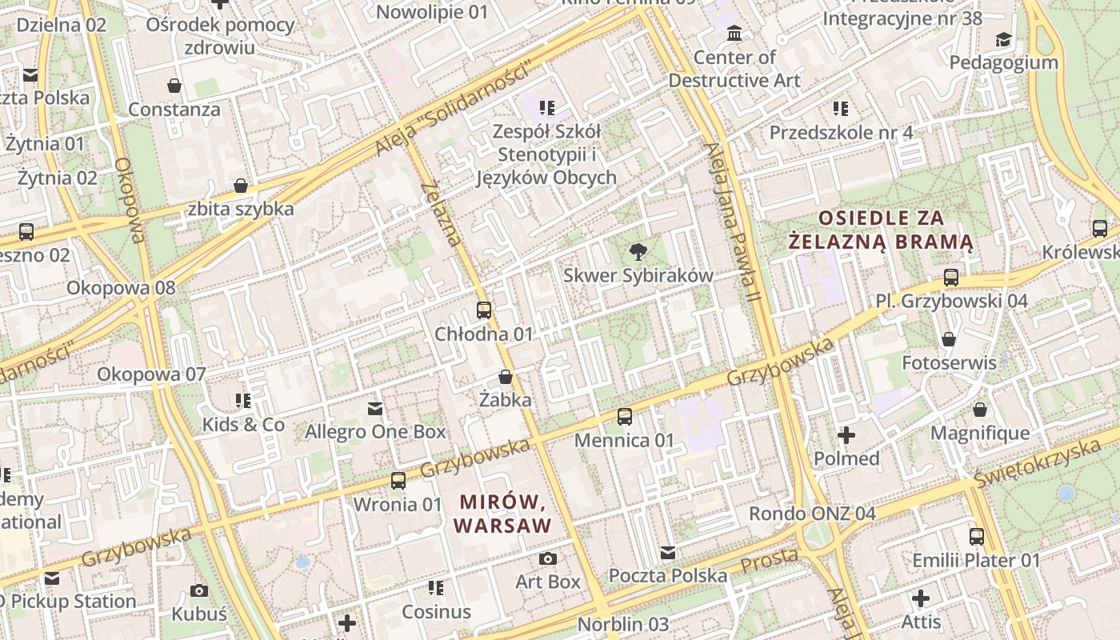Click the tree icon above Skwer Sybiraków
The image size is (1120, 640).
pyautogui.click(x=638, y=252)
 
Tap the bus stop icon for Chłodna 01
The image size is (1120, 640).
pyautogui.click(x=483, y=310)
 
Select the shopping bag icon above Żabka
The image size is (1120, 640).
pyautogui.click(x=505, y=376)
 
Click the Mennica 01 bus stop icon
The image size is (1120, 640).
pyautogui.click(x=625, y=416)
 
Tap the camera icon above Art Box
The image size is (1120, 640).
pyautogui.click(x=548, y=558)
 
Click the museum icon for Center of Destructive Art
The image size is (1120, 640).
pyautogui.click(x=734, y=34)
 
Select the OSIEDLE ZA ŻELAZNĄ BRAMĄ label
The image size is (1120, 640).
pyautogui.click(x=880, y=230)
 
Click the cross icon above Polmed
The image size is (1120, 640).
pyautogui.click(x=846, y=435)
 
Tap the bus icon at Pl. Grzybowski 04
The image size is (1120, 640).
pyautogui.click(x=950, y=278)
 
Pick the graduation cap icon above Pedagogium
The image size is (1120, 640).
pyautogui.click(x=1002, y=39)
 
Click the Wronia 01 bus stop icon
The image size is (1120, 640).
pyautogui.click(x=398, y=481)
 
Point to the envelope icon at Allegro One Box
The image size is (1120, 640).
pyautogui.click(x=374, y=409)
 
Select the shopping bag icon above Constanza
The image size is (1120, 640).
pyautogui.click(x=174, y=85)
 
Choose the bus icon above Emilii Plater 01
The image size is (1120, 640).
pyautogui.click(x=976, y=536)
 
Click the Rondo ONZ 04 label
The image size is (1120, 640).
pyautogui.click(x=812, y=514)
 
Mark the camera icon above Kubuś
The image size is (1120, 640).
pyautogui.click(x=199, y=590)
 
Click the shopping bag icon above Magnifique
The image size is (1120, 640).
pyautogui.click(x=980, y=410)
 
